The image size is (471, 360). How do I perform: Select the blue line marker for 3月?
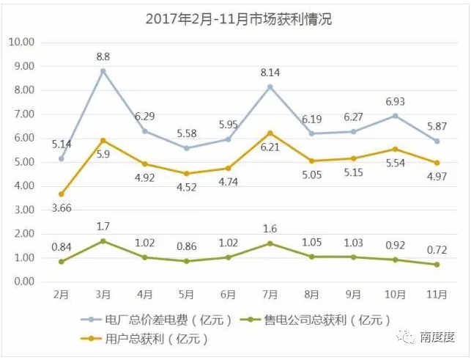click(x=103, y=71)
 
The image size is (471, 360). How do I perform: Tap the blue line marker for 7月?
click(x=270, y=87)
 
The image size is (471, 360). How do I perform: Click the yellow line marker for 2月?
click(x=62, y=194)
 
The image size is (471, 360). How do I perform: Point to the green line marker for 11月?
click(x=437, y=265)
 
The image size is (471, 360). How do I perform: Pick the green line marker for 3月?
click(x=103, y=241)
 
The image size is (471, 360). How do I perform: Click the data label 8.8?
click(x=103, y=54)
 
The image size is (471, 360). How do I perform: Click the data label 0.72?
click(x=437, y=249)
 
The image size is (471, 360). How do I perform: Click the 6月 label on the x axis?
click(x=229, y=295)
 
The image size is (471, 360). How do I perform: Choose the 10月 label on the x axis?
click(x=396, y=295)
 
